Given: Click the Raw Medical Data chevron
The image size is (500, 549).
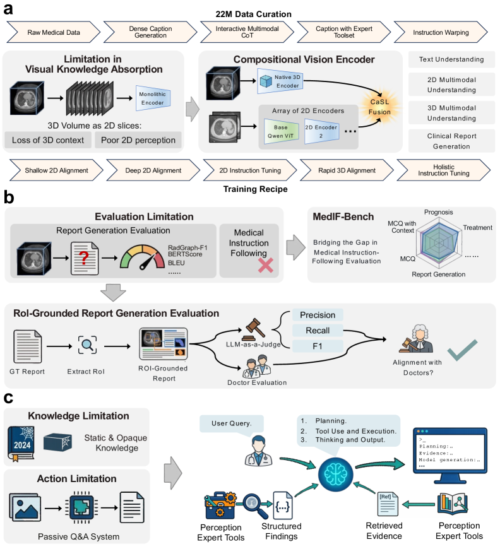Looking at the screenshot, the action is pyautogui.click(x=54, y=32).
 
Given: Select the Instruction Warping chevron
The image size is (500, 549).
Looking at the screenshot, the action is pyautogui.click(x=441, y=32).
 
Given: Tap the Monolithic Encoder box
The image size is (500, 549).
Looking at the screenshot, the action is pyautogui.click(x=153, y=98).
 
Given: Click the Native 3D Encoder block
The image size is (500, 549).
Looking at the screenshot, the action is pyautogui.click(x=280, y=81).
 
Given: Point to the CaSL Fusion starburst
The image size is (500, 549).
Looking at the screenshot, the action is pyautogui.click(x=379, y=107).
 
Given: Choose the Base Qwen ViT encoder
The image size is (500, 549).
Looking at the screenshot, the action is pyautogui.click(x=281, y=132).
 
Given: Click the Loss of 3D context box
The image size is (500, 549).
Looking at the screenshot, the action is pyautogui.click(x=48, y=140).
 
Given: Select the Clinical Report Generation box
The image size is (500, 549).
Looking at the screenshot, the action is pyautogui.click(x=451, y=141).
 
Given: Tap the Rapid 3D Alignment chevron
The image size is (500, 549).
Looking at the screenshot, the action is pyautogui.click(x=347, y=170).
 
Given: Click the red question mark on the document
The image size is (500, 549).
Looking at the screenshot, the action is pyautogui.click(x=84, y=257).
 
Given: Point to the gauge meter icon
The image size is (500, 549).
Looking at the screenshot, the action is pyautogui.click(x=142, y=257).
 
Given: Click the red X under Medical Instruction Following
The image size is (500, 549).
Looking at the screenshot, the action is pyautogui.click(x=266, y=266).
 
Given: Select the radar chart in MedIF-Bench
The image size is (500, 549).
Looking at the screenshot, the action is pyautogui.click(x=440, y=242).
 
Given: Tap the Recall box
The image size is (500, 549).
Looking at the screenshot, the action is pyautogui.click(x=318, y=331).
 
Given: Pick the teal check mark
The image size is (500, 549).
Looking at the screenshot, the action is pyautogui.click(x=462, y=350).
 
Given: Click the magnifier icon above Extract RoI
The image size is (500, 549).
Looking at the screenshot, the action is pyautogui.click(x=87, y=345).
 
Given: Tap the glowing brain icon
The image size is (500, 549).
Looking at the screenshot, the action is pyautogui.click(x=335, y=475).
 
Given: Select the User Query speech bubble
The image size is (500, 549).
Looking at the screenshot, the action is pyautogui.click(x=232, y=425).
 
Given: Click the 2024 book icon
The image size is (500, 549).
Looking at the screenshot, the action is pyautogui.click(x=21, y=444).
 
